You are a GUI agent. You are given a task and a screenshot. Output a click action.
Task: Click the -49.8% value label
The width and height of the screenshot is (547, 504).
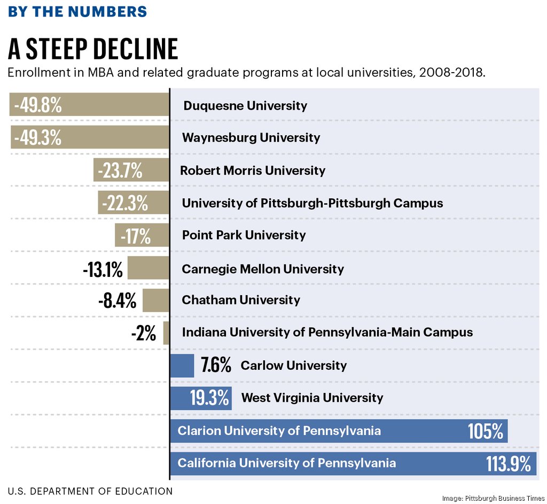coord(38,105)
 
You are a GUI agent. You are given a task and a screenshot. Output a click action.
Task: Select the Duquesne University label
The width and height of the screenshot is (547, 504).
coord(245,105)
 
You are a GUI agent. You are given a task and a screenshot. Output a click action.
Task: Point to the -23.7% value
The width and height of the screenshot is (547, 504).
coord(120,171)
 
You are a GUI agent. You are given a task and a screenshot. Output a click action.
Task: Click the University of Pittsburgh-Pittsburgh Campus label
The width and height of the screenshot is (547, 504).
coord(312,203)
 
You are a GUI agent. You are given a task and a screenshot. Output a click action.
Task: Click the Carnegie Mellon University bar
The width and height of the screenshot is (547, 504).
coord(148,268)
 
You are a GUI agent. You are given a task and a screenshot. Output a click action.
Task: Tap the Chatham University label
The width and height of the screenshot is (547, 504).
coord(241,300)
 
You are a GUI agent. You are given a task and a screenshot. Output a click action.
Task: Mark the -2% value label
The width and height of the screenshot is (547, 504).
coord(144,334)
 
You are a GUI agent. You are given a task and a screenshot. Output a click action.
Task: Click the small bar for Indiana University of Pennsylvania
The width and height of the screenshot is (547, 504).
coord(166,333)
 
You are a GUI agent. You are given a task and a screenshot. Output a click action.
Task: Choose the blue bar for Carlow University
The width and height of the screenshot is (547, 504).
coord(182,366)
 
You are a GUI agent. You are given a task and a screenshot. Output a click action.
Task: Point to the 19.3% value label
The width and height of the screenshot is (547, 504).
coord(209,398)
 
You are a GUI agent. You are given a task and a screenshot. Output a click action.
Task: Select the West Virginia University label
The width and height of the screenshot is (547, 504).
coord(312,398)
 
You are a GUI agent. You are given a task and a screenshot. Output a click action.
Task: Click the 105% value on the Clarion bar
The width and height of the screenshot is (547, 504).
coord(485,431)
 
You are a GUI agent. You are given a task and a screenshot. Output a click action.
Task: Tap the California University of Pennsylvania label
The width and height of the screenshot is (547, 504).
coord(286,462)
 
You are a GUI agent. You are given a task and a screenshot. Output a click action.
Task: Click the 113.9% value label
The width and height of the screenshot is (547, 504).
coord(509,463)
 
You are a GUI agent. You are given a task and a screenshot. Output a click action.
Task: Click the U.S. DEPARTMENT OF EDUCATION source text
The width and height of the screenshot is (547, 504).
coord(90,491)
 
